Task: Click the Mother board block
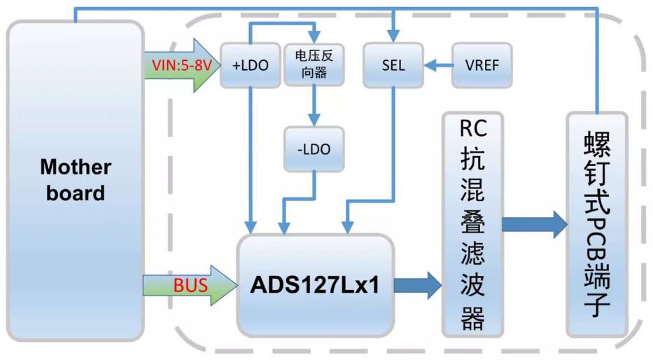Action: pyautogui.click(x=75, y=180)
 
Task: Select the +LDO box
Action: pyautogui.click(x=250, y=65)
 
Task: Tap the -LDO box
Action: pyautogui.click(x=314, y=148)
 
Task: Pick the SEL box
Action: pyautogui.click(x=393, y=65)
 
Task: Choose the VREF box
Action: pyautogui.click(x=482, y=65)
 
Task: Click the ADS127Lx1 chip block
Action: pyautogui.click(x=315, y=285)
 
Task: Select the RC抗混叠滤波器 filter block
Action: pyautogui.click(x=472, y=223)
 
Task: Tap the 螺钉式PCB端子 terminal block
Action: pyautogui.click(x=596, y=223)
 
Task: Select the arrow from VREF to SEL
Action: pyautogui.click(x=437, y=66)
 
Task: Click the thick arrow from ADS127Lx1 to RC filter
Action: pyautogui.click(x=417, y=285)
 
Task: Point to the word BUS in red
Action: pyautogui.click(x=190, y=286)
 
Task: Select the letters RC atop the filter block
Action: pyautogui.click(x=472, y=128)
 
